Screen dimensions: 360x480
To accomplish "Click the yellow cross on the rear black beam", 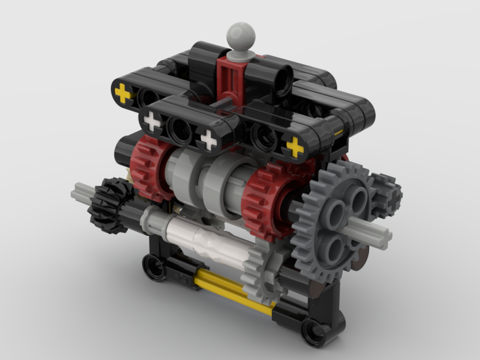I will [123, 93].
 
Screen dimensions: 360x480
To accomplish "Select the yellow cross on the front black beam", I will [294, 147].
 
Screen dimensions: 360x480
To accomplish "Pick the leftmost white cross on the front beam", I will [152, 121].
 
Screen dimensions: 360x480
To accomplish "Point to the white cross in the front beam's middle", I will [208, 139].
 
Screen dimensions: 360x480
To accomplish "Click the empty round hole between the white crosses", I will [180, 130].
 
